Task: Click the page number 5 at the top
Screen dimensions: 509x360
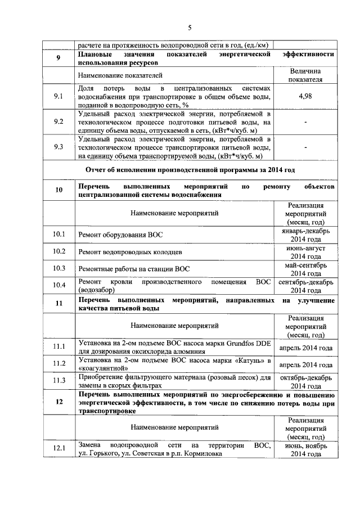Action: click(190, 28)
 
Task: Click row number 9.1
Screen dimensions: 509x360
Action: click(58, 97)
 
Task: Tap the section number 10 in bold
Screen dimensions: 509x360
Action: click(58, 190)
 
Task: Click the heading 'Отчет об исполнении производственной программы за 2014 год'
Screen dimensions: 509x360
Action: click(190, 170)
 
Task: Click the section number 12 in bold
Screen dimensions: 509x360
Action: click(58, 403)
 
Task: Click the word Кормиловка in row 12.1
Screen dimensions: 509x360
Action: click(202, 453)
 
